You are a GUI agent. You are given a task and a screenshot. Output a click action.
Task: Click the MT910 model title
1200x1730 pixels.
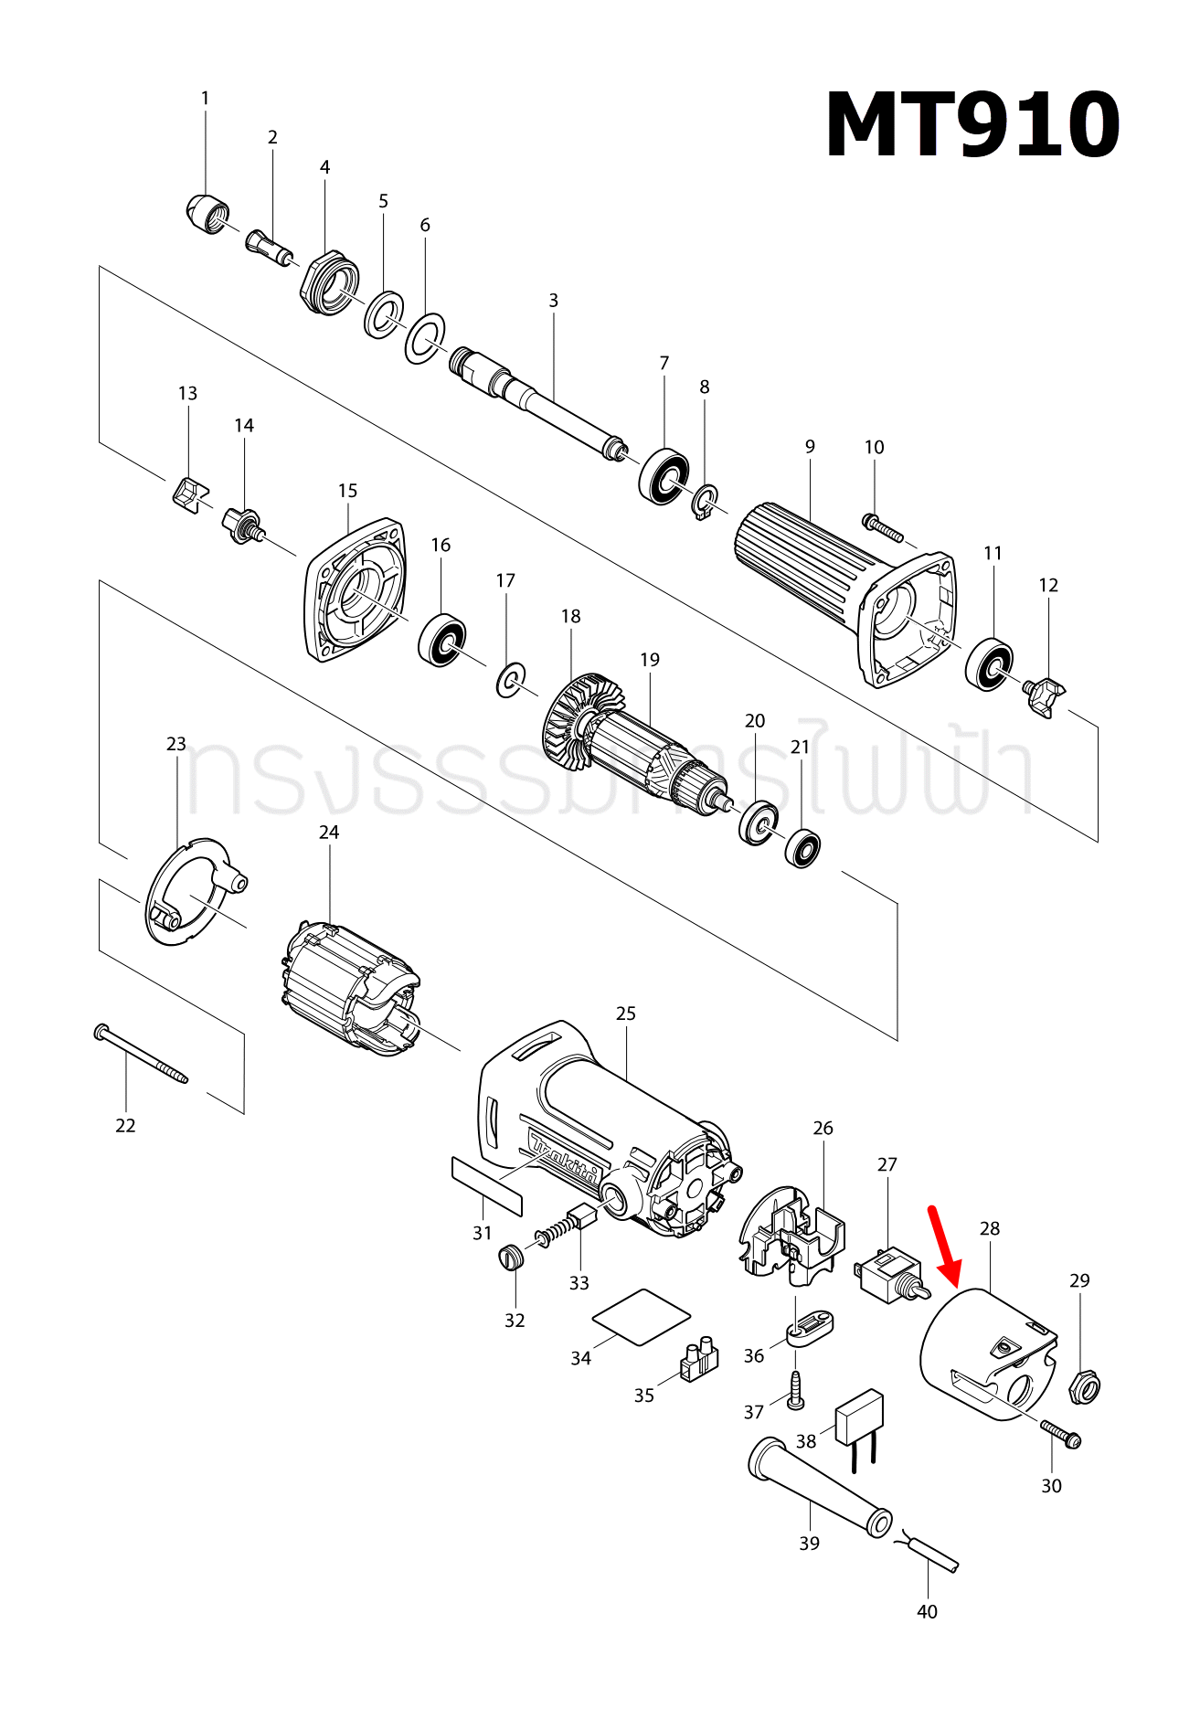pyautogui.click(x=972, y=126)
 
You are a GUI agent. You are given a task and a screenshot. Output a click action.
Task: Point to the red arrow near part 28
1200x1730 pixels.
pyautogui.click(x=944, y=1248)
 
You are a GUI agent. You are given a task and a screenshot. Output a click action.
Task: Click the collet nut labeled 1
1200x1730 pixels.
pyautogui.click(x=205, y=216)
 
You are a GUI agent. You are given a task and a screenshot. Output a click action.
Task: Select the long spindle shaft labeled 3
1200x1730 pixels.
pyautogui.click(x=539, y=402)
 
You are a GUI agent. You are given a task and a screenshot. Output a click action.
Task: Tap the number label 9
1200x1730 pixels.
pyautogui.click(x=810, y=447)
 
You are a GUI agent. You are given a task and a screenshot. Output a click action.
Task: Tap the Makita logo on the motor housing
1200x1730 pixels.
pyautogui.click(x=565, y=1161)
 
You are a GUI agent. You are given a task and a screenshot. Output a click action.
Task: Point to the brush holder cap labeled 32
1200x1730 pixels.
pyautogui.click(x=513, y=1258)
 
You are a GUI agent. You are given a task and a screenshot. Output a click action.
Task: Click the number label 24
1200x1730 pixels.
pyautogui.click(x=329, y=833)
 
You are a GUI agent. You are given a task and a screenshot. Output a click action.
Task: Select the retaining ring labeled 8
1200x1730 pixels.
pyautogui.click(x=705, y=503)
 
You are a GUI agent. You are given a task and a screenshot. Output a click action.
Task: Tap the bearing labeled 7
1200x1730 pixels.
pyautogui.click(x=664, y=475)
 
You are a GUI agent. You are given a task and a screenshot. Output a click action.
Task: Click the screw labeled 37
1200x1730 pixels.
pyautogui.click(x=795, y=1389)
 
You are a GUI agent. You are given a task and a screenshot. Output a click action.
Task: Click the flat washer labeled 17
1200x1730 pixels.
pyautogui.click(x=511, y=680)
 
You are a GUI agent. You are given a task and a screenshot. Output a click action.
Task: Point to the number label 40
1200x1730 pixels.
pyautogui.click(x=927, y=1612)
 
